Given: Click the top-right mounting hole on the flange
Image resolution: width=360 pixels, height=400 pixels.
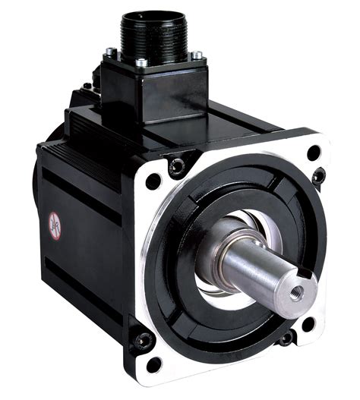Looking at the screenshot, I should tap(314, 152).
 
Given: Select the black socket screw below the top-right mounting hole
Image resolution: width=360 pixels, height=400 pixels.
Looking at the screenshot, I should tap(318, 176).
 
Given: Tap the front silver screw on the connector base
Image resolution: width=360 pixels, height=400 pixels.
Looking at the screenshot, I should tap(141, 63).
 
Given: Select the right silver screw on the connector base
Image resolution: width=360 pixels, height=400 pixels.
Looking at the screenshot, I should tap(197, 55).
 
